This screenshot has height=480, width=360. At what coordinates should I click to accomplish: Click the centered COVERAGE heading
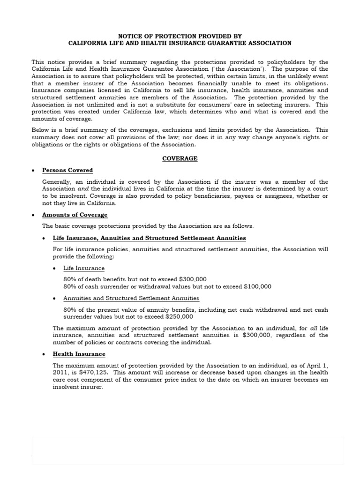click(180, 158)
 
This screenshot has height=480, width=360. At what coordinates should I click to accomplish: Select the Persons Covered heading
click(67, 170)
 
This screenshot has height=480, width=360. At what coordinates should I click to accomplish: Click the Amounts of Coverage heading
click(75, 215)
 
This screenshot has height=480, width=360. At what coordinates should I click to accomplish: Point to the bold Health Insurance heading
click(79, 354)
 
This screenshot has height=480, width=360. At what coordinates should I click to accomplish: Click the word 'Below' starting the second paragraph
click(40, 129)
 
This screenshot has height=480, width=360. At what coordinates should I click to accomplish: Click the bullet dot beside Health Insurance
click(45, 354)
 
